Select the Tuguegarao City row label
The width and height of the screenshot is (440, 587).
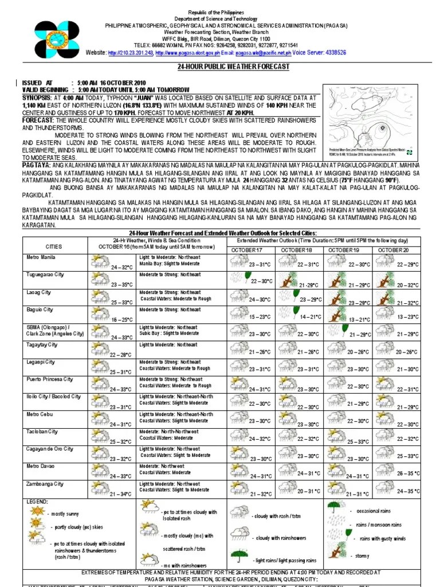click(x=45, y=275)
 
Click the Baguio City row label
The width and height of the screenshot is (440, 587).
click(x=40, y=310)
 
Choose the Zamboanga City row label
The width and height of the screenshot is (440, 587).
click(x=45, y=484)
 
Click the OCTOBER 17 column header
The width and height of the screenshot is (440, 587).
click(x=247, y=250)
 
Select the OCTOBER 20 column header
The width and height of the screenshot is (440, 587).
click(x=393, y=250)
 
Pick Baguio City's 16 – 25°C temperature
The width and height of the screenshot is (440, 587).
click(x=122, y=319)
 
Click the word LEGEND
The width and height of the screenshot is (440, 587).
click(x=38, y=502)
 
